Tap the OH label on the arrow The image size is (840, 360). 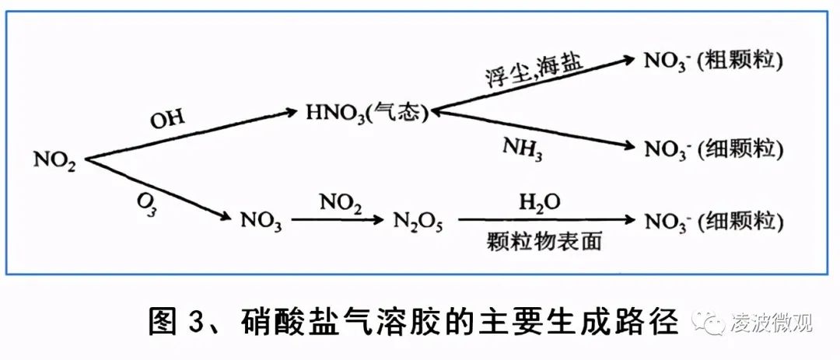coord(167,120)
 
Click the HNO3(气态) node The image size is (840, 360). coord(367,114)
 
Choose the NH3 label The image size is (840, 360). coord(522,149)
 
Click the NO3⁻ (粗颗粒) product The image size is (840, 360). coord(713,61)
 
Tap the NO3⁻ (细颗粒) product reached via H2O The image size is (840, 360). coord(713,221)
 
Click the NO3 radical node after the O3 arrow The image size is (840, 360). coord(261,221)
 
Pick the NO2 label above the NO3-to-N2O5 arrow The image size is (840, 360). coord(341,202)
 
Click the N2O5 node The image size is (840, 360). coord(418,221)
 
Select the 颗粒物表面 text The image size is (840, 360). coord(544,242)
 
